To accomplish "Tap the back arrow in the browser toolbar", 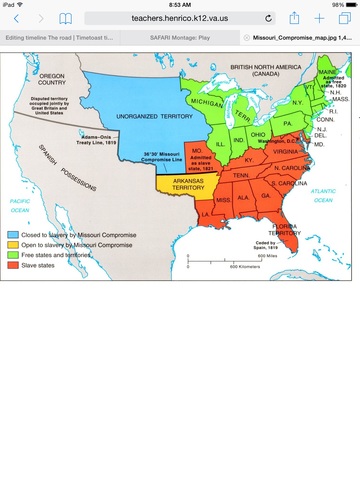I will point(16,18).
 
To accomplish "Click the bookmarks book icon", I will point(66,18).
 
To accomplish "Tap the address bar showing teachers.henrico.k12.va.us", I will point(180,18).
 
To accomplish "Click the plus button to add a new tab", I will point(319,18).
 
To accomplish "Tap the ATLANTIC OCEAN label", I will point(325,193).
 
